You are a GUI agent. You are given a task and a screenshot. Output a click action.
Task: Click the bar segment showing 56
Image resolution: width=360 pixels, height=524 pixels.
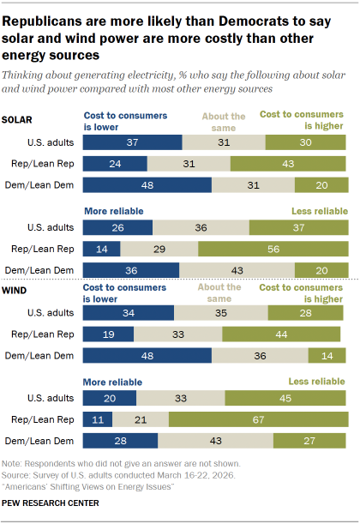pyautogui.click(x=273, y=250)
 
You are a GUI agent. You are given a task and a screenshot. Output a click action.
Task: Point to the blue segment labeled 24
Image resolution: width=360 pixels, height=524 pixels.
pyautogui.click(x=114, y=163)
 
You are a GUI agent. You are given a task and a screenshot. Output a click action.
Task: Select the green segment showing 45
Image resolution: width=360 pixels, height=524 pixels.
pyautogui.click(x=286, y=397)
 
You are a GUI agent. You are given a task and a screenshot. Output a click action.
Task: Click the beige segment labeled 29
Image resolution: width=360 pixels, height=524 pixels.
pyautogui.click(x=159, y=250)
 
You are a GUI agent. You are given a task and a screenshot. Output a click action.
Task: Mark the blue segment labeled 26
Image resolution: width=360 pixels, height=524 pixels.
pyautogui.click(x=117, y=228)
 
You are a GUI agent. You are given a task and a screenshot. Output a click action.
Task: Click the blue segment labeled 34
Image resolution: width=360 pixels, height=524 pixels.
pyautogui.click(x=128, y=312)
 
